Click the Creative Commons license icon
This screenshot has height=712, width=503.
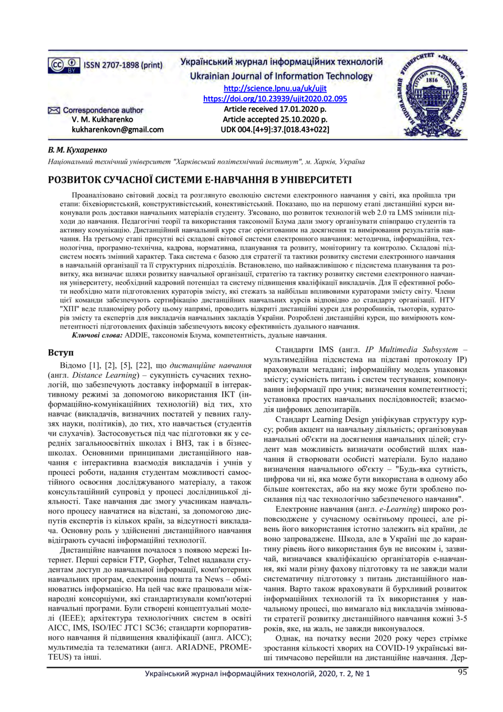pos(64,64)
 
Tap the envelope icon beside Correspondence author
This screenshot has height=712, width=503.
pos(53,110)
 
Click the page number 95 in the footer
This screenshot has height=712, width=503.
pos(463,688)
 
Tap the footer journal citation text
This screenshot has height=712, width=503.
pos(257,690)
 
